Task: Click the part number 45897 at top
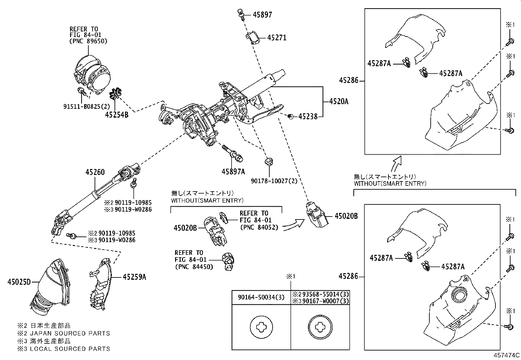tap(262, 15)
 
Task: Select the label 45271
tap(277, 38)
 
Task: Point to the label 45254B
tap(117, 115)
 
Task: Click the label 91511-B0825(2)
tap(86, 106)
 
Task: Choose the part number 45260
tap(95, 172)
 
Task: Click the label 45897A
tap(233, 171)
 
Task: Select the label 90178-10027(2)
tap(274, 180)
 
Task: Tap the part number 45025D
tap(19, 282)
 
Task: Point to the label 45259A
tap(134, 277)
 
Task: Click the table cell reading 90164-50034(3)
tap(261, 297)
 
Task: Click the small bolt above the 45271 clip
tap(241, 14)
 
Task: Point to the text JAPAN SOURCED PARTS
tap(70, 333)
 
